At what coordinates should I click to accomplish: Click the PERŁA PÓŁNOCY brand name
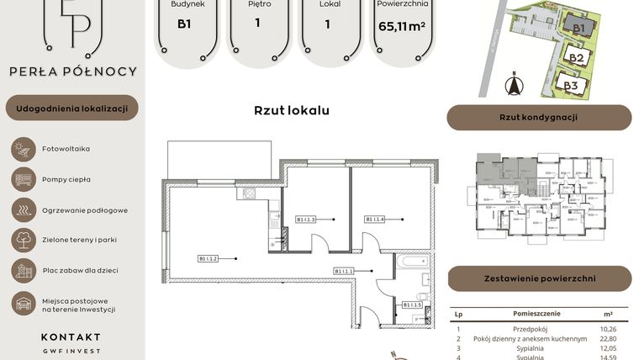point(72,71)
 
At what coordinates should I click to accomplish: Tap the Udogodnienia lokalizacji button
point(72,108)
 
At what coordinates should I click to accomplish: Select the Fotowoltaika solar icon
point(22,149)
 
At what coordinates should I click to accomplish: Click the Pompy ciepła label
point(66,179)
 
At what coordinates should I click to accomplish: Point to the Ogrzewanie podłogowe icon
point(22,209)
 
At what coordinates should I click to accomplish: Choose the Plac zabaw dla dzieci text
point(80,270)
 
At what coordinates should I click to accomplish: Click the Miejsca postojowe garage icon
point(22,304)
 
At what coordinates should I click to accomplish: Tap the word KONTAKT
point(71,336)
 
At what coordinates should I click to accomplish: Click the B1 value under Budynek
point(183,24)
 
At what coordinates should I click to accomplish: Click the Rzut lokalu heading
point(291,110)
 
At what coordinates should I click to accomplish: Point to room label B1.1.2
point(209,258)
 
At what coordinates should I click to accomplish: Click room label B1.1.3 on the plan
point(305,220)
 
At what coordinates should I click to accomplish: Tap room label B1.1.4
point(374,220)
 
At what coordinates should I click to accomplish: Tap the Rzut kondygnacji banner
point(538,118)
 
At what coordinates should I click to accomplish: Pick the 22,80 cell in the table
point(608,338)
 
